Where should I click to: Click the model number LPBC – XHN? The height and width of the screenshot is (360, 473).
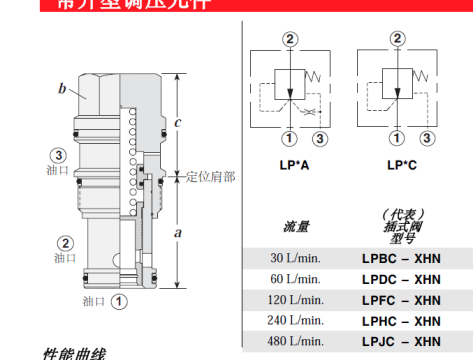coord(400,257)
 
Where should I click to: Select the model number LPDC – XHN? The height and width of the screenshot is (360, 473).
coord(400,279)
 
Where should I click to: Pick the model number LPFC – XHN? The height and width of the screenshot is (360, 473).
coord(400,300)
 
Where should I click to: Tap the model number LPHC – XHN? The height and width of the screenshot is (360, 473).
coord(400,321)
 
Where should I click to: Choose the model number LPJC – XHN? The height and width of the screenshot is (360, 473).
coord(400,342)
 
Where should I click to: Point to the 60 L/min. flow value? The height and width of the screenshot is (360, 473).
coord(297,279)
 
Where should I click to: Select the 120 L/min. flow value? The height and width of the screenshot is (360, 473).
coord(295,300)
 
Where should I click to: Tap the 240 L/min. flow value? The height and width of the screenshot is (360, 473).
coord(295,321)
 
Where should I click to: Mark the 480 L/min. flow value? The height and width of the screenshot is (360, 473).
coord(295,342)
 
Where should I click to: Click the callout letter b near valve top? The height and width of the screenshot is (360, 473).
coord(62,90)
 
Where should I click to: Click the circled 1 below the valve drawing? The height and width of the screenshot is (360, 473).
coord(117,298)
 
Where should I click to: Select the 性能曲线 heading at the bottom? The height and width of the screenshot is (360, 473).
coord(74,353)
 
